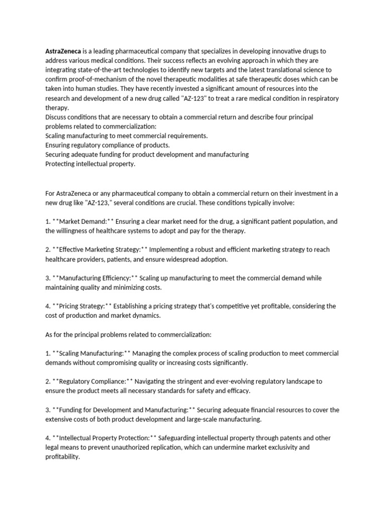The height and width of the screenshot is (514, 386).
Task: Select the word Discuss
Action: tap(57, 117)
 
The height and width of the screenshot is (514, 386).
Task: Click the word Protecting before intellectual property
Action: tap(62, 164)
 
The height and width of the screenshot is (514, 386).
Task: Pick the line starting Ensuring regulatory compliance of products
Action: tap(108, 145)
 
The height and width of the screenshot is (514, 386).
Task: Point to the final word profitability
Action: tap(62, 457)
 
